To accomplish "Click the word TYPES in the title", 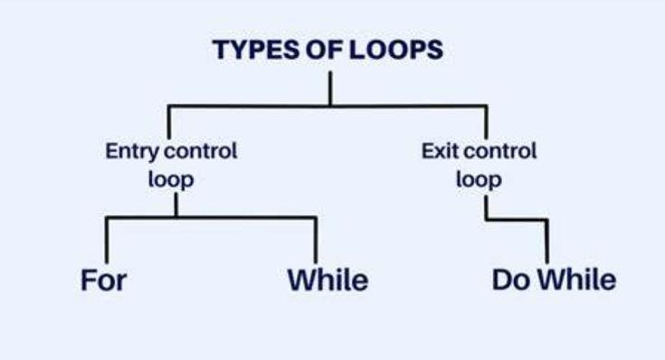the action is point(256,49).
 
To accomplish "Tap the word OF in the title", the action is point(325,49).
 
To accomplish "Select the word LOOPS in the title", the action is point(396,49).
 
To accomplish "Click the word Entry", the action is point(132,152).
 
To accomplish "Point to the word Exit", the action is point(440,151).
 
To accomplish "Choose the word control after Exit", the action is point(500,151).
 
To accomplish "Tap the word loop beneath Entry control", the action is point(171,180).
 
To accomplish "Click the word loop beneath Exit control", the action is point(479,180).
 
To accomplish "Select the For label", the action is point(103,280).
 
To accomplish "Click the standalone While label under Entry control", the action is point(328,280).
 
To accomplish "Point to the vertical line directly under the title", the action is point(330,89).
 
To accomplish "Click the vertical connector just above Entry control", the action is point(169,122).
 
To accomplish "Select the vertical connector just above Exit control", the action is point(486,122).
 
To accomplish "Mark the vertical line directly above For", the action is point(107,241).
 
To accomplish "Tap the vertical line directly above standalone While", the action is point(316,241).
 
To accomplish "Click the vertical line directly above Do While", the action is point(546,242).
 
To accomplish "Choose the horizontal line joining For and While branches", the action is point(211,218).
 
